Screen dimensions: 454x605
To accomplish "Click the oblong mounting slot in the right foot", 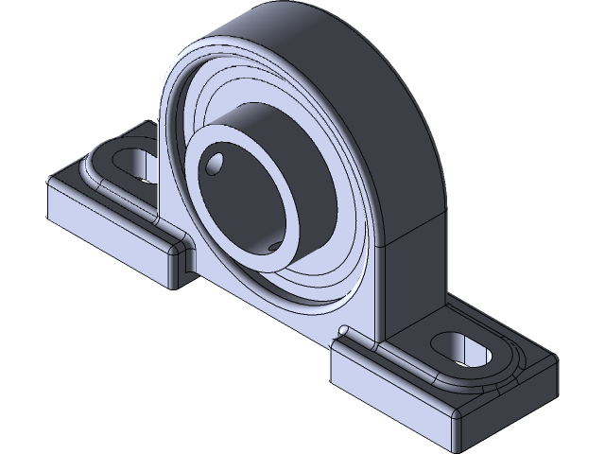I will pyautogui.click(x=463, y=347).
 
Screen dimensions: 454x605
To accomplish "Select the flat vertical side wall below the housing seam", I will pyautogui.click(x=411, y=274).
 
